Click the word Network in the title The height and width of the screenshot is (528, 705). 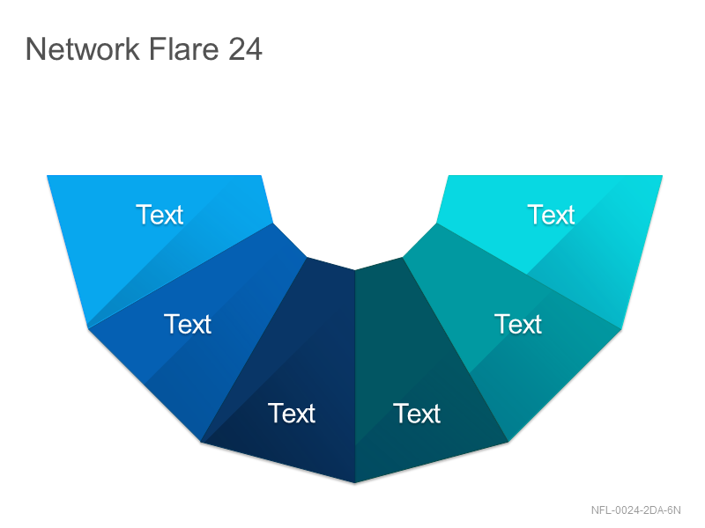tap(83, 48)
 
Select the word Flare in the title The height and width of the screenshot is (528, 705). tap(183, 48)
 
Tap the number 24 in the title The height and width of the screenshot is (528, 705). tap(245, 49)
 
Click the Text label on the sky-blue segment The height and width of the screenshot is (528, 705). tap(160, 215)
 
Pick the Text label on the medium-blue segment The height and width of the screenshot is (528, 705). tap(188, 324)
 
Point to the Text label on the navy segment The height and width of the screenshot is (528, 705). tap(292, 413)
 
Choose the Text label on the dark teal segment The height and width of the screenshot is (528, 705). tap(417, 413)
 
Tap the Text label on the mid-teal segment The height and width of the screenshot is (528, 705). tap(518, 324)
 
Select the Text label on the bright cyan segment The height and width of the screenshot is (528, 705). tap(551, 215)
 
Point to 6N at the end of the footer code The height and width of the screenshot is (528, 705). tap(674, 510)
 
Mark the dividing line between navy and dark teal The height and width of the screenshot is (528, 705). tap(355, 377)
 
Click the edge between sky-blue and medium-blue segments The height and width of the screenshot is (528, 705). tap(181, 275)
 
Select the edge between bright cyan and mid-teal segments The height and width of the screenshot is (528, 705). tap(530, 275)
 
